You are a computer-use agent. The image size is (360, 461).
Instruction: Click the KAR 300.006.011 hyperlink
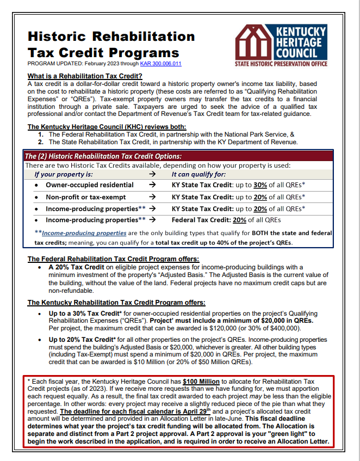point(160,64)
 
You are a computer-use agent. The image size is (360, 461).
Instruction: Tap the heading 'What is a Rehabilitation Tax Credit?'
point(84,76)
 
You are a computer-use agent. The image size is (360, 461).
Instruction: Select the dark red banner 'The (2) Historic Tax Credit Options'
point(103,156)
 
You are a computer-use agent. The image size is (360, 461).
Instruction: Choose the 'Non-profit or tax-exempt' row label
point(85,197)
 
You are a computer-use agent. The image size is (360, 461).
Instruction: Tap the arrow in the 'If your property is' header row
point(152,175)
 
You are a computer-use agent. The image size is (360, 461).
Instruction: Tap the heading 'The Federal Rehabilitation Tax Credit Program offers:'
point(113,258)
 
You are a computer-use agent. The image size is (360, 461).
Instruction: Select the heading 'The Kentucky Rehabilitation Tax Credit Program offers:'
point(116,303)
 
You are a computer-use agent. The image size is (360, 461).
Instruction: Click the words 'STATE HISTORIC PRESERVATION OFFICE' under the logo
point(281,64)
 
